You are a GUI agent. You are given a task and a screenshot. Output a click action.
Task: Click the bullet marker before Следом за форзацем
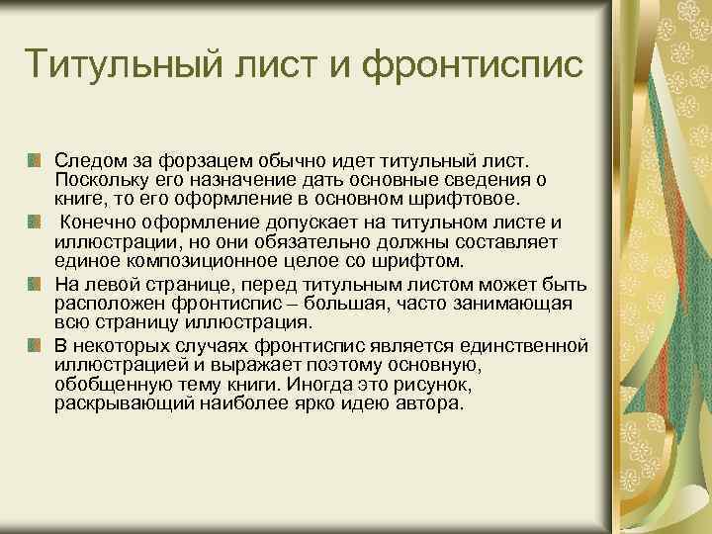pos(35,158)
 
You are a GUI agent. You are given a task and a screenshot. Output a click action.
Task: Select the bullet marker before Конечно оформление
pos(35,222)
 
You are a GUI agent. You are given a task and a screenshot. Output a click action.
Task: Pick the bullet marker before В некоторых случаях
pos(35,345)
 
